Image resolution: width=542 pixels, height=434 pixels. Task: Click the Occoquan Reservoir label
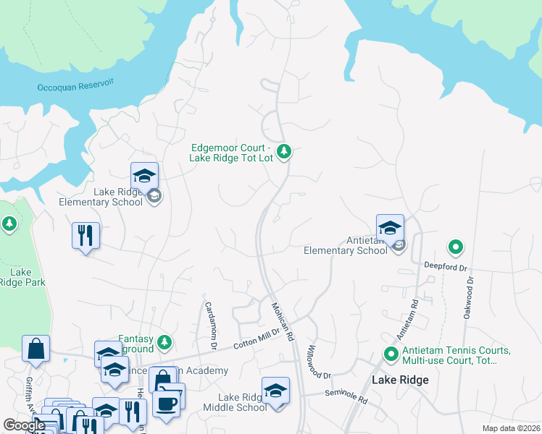coord(76,85)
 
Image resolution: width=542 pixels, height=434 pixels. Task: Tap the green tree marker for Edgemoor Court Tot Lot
coord(285,151)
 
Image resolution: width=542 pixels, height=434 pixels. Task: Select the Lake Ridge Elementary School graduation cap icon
coord(144,176)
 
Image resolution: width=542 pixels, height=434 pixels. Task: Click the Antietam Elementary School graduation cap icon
coord(390,227)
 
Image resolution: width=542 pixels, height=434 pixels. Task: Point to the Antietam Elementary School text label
coord(345,246)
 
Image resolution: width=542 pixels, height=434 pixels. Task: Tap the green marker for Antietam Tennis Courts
coord(391,354)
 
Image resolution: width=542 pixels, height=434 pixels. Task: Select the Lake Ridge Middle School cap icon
coord(275,391)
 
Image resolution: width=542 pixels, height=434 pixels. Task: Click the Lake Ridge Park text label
coord(20,277)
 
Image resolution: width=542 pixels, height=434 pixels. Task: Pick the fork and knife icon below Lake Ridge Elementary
coord(86,235)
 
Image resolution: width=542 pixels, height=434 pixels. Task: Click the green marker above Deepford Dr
coord(456,248)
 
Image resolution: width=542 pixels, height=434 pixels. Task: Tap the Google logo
coord(25,425)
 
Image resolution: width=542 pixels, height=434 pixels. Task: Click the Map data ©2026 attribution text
coord(510,428)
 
